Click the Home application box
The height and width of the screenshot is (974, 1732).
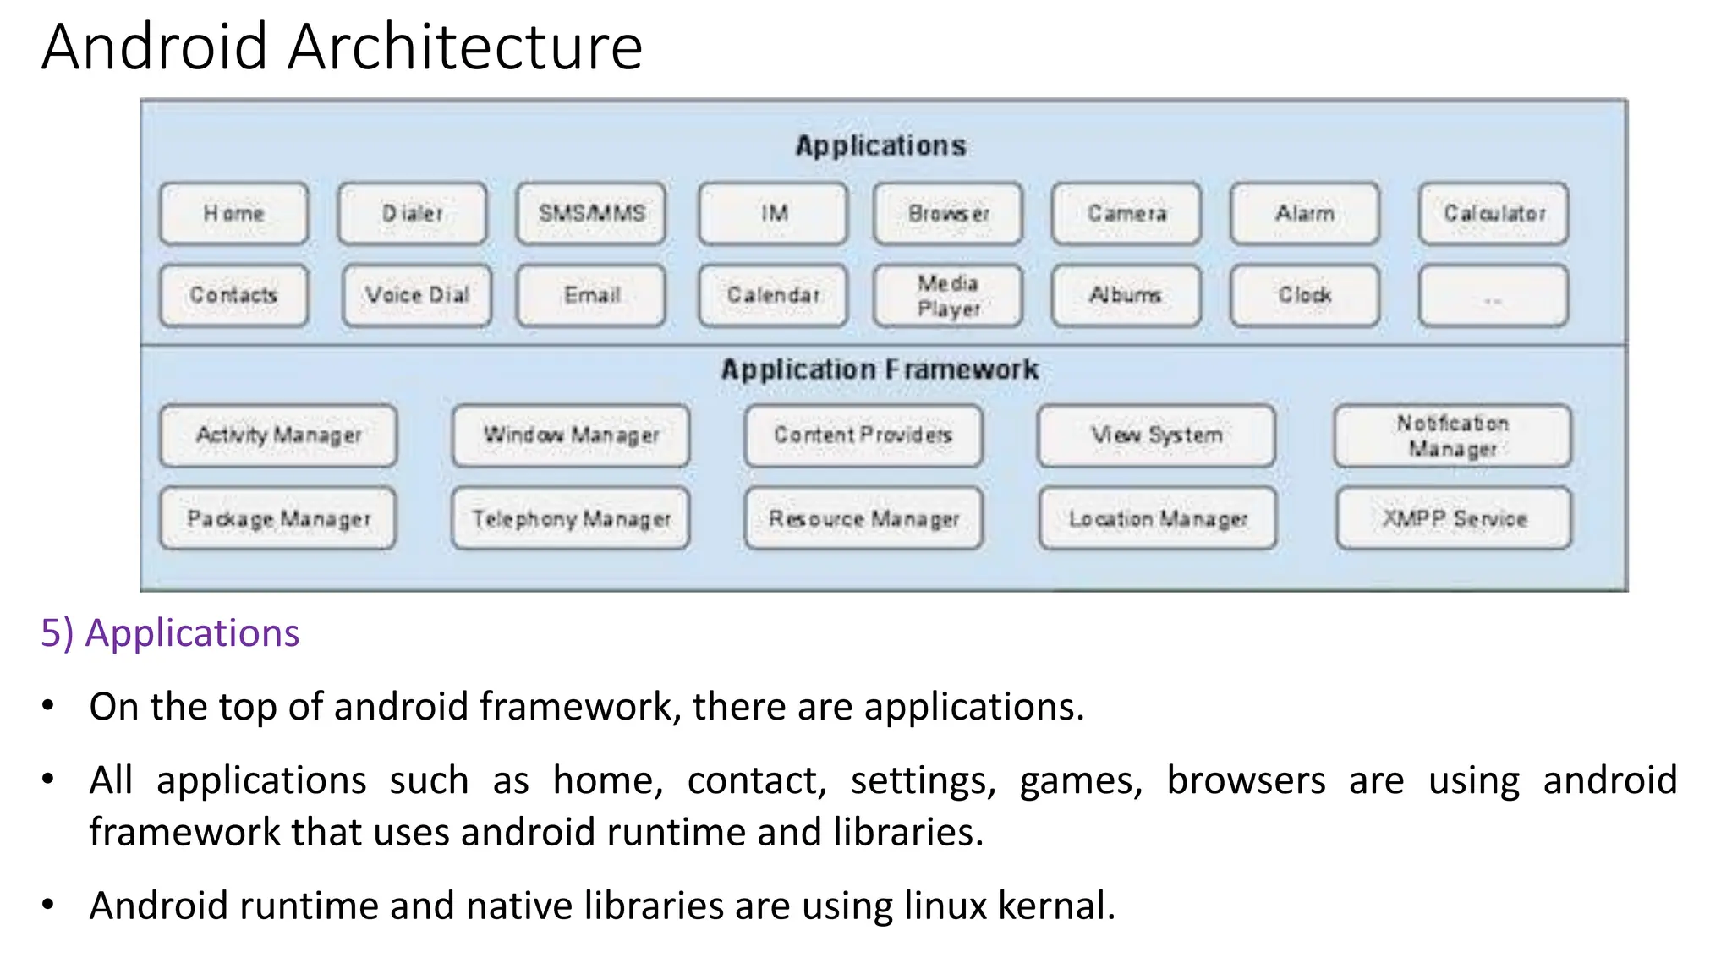233,213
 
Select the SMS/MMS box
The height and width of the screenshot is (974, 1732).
591,213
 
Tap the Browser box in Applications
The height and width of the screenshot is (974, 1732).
948,213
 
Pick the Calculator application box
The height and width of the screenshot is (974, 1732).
1494,213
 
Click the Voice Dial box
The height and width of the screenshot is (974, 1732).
417,295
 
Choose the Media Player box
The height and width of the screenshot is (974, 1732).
948,295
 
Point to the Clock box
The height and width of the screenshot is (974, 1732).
1305,295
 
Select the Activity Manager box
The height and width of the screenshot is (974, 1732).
278,435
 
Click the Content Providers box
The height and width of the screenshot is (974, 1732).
863,435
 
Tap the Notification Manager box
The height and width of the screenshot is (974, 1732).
1452,435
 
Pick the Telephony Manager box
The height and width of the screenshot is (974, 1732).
571,518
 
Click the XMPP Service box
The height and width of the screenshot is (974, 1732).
1454,518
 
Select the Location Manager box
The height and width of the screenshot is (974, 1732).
1158,518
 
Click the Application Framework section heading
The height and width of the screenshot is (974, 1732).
880,369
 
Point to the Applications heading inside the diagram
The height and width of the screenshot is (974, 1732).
880,145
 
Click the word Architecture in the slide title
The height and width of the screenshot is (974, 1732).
465,47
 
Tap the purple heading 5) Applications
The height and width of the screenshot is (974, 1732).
170,633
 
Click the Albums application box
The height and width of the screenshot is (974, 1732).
1126,295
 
